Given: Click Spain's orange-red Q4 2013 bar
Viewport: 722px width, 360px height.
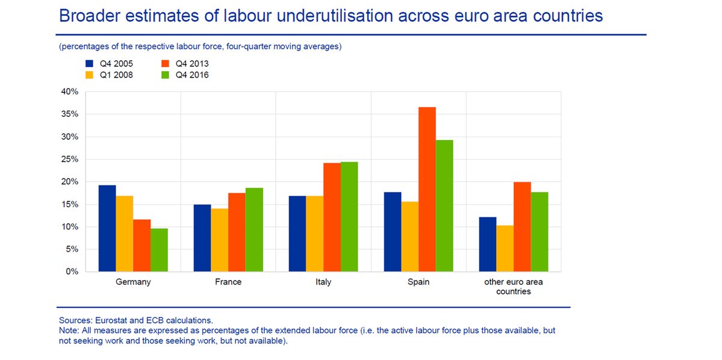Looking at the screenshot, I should coord(427,189).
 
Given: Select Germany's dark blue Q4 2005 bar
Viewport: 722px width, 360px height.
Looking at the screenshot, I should coord(107,228).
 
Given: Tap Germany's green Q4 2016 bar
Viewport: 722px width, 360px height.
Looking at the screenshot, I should coord(159,250).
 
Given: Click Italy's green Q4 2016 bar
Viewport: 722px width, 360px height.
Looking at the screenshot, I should coord(349,217).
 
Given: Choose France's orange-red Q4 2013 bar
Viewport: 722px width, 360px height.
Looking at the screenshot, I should coord(237,232).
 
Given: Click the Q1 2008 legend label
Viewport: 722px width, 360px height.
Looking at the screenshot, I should coord(116,75).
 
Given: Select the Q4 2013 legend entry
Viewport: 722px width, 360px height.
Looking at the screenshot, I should coord(191,64).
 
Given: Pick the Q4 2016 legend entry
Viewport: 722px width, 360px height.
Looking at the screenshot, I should coord(191,75).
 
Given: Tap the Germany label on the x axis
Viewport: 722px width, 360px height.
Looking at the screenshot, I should coord(133,282).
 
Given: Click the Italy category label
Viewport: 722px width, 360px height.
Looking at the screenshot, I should coord(323,282).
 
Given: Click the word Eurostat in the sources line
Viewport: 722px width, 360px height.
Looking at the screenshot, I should coord(110,320).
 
